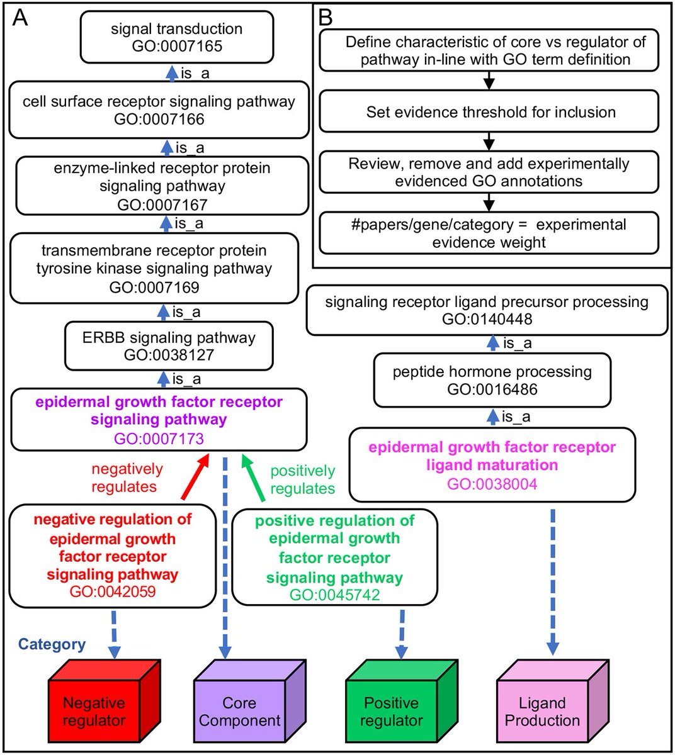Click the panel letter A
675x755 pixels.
coord(20,18)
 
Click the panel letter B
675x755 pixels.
coord(326,18)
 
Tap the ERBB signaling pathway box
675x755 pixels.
coord(169,345)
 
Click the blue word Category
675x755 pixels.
coord(52,644)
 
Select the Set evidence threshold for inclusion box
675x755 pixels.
coord(489,112)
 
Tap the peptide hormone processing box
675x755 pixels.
coord(492,380)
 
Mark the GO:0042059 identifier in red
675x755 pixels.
coord(113,592)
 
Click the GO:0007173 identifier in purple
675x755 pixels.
coord(159,438)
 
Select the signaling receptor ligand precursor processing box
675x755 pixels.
coord(486,310)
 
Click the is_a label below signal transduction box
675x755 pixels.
coord(195,74)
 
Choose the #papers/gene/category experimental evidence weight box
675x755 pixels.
coord(489,233)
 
